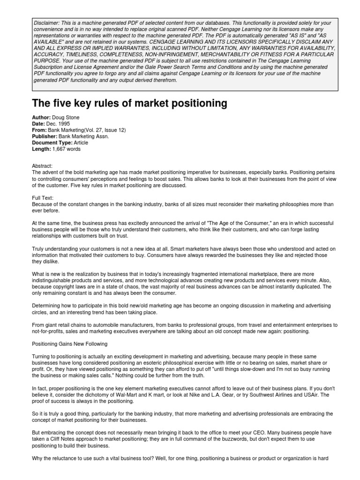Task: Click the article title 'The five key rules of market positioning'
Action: (x=123, y=103)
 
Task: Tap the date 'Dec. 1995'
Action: (x=58, y=123)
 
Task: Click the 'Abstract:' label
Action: (x=43, y=166)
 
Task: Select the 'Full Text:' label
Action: (x=44, y=198)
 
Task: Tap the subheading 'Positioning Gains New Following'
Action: (x=69, y=344)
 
